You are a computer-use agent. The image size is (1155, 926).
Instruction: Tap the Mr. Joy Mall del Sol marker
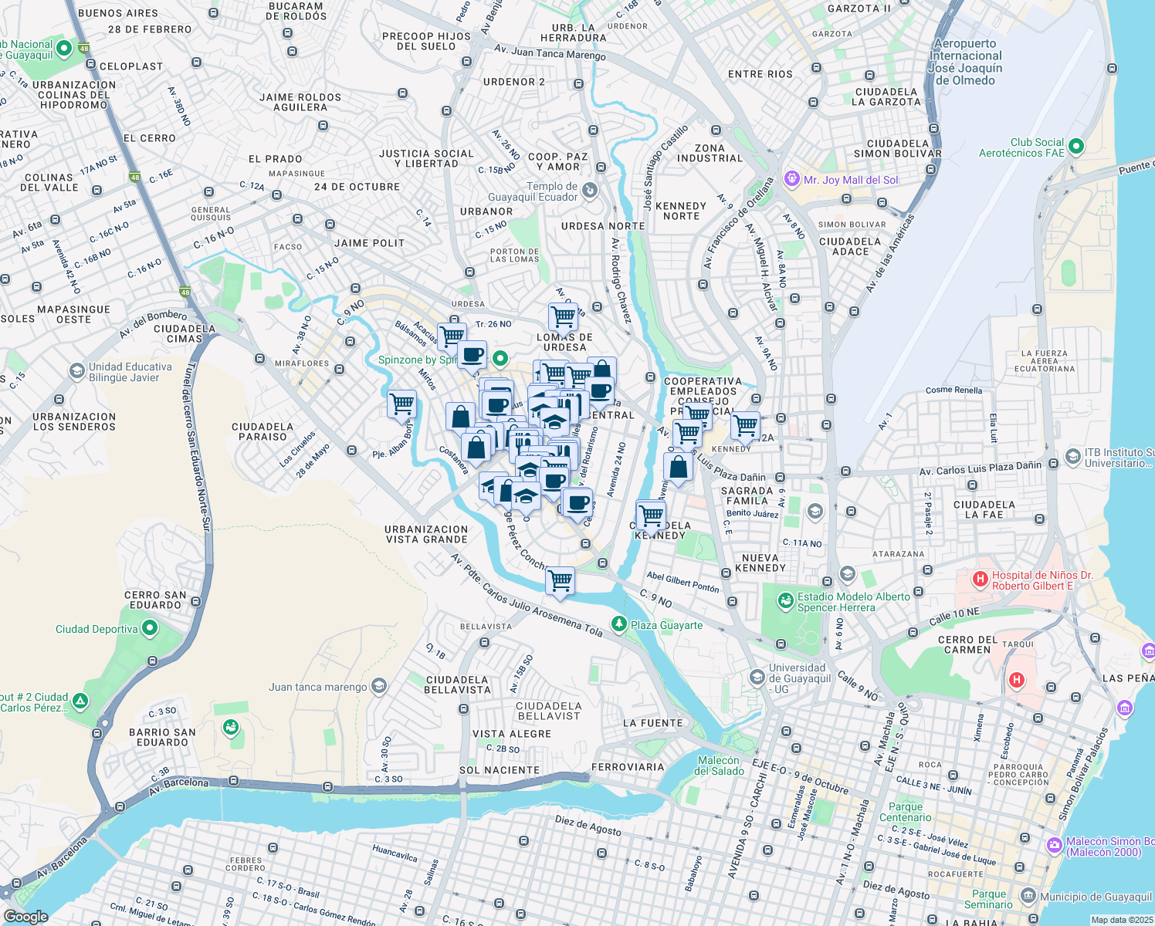[x=791, y=179]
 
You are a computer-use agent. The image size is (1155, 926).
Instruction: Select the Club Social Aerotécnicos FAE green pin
[x=1077, y=147]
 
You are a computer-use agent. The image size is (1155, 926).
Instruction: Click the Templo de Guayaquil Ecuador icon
[x=590, y=190]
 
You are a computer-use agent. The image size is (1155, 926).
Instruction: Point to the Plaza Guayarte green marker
[x=618, y=624]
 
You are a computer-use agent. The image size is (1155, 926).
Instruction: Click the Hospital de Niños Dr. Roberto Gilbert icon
[x=980, y=579]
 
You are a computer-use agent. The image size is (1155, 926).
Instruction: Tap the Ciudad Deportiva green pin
[x=150, y=628]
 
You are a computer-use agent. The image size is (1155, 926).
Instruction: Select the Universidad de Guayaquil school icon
[x=757, y=678]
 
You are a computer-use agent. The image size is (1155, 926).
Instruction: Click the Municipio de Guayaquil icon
[x=1028, y=896]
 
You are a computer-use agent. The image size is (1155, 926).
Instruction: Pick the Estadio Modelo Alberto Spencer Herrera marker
[x=785, y=600]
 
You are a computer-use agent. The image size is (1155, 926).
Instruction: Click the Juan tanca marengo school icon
[x=378, y=686]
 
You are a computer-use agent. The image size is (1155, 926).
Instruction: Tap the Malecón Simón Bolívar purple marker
[x=1055, y=846]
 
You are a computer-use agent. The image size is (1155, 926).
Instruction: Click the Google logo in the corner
[x=26, y=916]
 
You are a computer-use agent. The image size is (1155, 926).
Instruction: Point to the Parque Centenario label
[x=905, y=812]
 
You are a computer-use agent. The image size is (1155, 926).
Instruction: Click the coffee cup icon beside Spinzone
[x=472, y=355]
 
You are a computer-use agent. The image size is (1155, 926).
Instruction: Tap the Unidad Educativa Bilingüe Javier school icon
[x=76, y=371]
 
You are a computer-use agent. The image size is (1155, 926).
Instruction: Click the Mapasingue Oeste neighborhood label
[x=73, y=314]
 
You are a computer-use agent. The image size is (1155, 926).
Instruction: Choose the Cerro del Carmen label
[x=967, y=644]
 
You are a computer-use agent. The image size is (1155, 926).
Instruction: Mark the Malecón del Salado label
[x=719, y=765]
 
